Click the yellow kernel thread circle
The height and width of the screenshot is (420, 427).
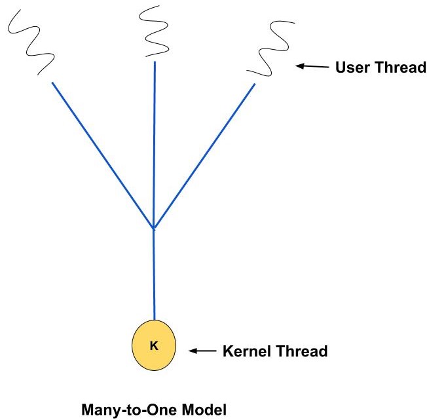[154, 346]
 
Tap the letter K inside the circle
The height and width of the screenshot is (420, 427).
[154, 346]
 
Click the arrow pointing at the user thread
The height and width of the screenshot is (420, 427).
[312, 66]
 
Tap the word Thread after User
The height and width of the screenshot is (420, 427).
[397, 67]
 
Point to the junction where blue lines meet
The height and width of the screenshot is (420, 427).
[153, 228]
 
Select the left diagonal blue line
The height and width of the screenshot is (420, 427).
[102, 155]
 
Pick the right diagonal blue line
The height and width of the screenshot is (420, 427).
[204, 156]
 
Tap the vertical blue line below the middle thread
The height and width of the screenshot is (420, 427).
[154, 144]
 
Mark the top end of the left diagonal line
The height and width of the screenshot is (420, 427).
[52, 82]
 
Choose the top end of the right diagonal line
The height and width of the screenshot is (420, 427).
[254, 84]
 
